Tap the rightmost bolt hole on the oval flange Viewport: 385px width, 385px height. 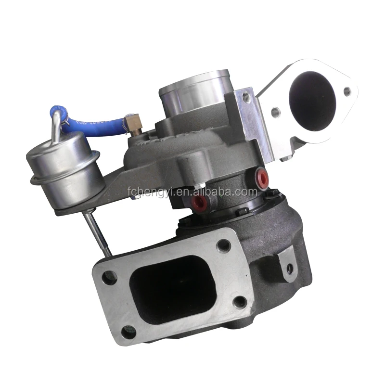click(346, 90)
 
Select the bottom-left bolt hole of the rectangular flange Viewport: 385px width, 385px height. click(128, 331)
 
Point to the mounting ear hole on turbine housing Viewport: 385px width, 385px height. click(289, 269)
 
